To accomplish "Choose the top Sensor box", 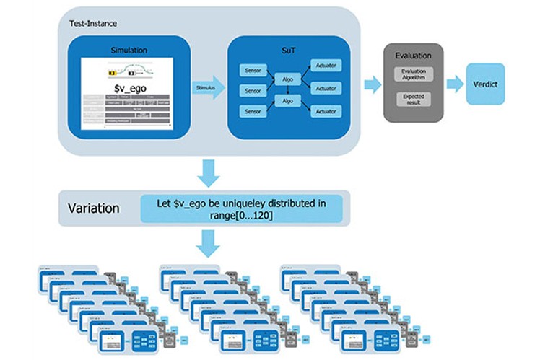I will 253,71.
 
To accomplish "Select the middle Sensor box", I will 253,91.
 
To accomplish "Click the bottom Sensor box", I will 253,111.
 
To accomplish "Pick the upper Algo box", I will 287,80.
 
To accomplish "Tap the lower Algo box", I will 287,102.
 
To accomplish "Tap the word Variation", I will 92,208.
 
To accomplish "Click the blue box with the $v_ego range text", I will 242,208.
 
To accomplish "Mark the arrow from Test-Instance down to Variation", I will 209,172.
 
